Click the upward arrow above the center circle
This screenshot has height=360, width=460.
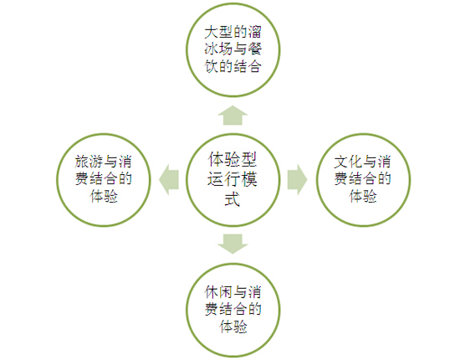[x=233, y=116]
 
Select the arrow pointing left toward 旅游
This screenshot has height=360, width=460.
[x=169, y=180]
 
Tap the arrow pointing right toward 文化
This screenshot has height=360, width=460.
[x=297, y=180]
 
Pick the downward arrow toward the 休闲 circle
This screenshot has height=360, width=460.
[x=233, y=244]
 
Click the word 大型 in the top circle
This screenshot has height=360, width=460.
[x=218, y=33]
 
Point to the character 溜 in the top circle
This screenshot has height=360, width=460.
[x=254, y=33]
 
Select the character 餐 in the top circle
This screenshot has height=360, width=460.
[x=254, y=49]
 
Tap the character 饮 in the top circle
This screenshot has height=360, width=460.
[x=212, y=66]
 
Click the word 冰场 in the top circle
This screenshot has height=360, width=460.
[x=218, y=49]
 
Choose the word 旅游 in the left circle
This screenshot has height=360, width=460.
[x=89, y=162]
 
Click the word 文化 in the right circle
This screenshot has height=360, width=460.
[x=348, y=162]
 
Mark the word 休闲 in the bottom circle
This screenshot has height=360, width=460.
[x=218, y=292]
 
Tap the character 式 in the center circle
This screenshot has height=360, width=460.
[x=233, y=198]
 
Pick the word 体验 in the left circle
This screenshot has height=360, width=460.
[x=104, y=196]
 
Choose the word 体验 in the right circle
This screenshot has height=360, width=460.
[x=363, y=196]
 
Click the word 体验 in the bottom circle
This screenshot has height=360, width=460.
[x=233, y=327]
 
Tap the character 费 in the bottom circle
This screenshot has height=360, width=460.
[x=212, y=309]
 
